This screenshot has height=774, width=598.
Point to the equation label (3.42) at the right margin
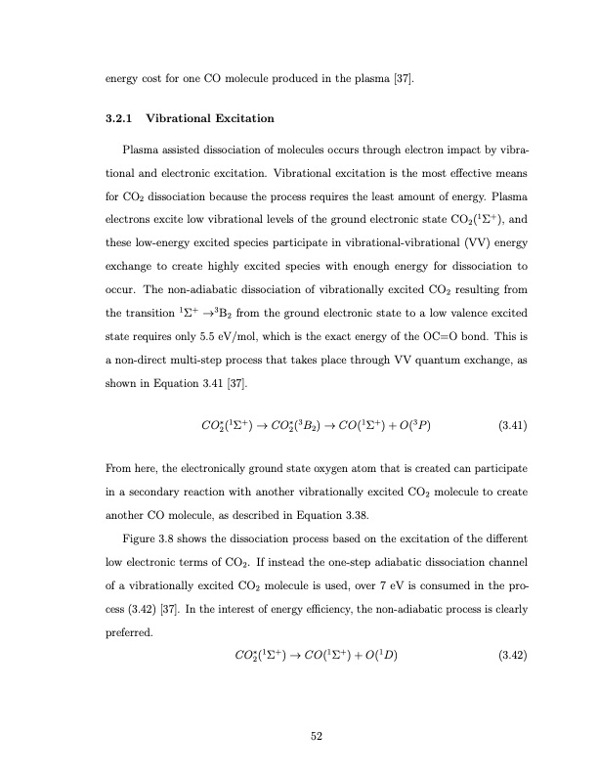tap(513, 654)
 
